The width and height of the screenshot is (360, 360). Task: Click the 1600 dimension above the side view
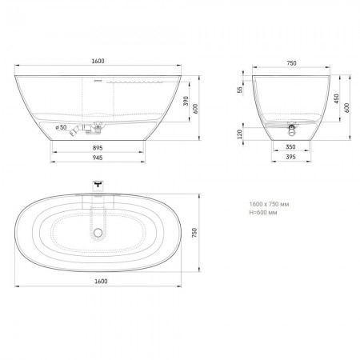pyautogui.click(x=98, y=61)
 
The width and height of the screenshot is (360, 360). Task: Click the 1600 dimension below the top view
pyautogui.click(x=101, y=281)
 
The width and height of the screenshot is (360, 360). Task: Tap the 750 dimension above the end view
pyautogui.click(x=291, y=63)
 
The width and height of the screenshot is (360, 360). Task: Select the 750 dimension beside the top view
pyautogui.click(x=194, y=233)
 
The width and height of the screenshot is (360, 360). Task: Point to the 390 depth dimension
pyautogui.click(x=186, y=101)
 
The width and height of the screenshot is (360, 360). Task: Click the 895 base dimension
pyautogui.click(x=98, y=148)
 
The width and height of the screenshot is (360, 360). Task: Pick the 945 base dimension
pyautogui.click(x=98, y=158)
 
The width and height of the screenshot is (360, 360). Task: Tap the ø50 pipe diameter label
pyautogui.click(x=61, y=127)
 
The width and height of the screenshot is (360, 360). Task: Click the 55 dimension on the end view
pyautogui.click(x=240, y=90)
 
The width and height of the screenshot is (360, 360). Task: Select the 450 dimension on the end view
pyautogui.click(x=337, y=98)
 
